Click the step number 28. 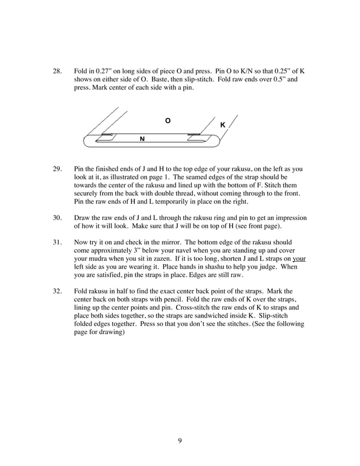(56, 72)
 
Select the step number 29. (56, 169)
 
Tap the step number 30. (56, 217)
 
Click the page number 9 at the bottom (179, 441)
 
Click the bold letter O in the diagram (167, 121)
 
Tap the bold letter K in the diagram (222, 124)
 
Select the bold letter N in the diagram (142, 138)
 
